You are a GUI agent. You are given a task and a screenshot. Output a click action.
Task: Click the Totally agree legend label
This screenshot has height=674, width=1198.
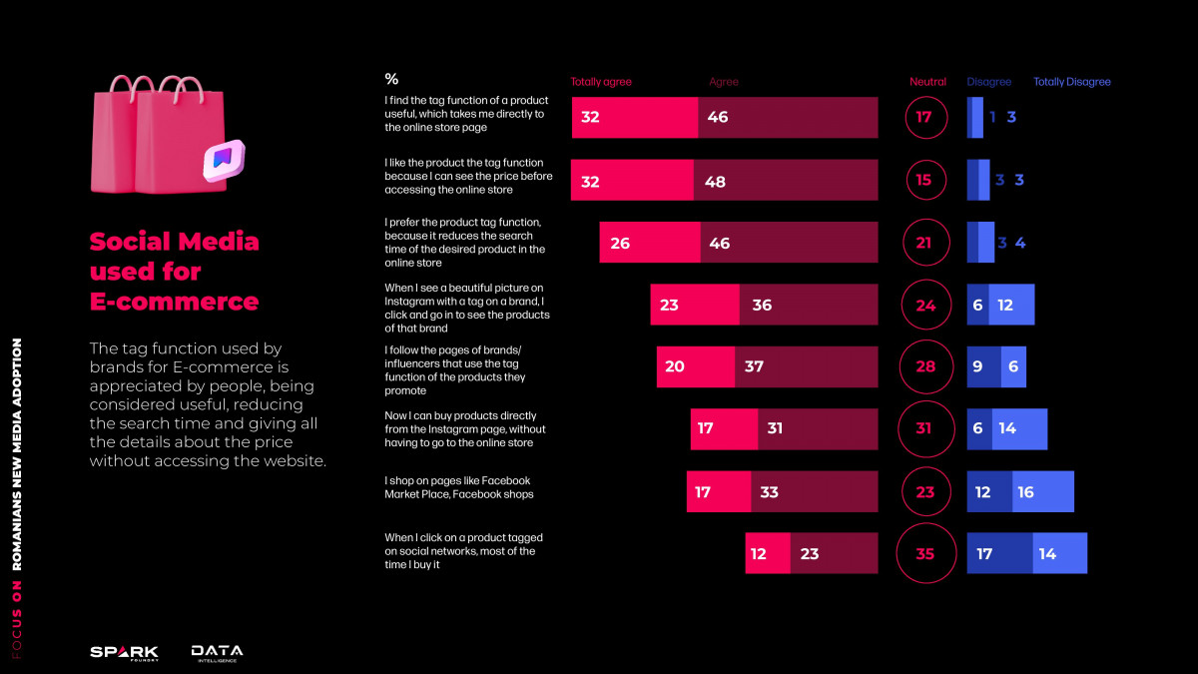601,82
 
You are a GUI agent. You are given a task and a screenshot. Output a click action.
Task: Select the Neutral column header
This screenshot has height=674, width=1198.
927,82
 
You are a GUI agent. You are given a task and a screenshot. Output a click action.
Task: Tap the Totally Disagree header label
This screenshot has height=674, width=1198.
1071,82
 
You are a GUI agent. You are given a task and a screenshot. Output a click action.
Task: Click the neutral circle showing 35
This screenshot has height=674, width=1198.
925,553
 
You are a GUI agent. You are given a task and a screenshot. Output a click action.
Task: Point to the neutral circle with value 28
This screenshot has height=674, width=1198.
925,366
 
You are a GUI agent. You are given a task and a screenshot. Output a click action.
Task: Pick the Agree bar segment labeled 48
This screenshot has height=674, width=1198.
786,180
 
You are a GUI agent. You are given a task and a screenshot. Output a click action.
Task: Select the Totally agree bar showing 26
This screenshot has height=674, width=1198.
649,243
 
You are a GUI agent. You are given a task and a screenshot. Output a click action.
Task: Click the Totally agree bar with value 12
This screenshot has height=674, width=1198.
768,553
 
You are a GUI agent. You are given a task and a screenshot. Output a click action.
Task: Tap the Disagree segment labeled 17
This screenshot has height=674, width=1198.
999,553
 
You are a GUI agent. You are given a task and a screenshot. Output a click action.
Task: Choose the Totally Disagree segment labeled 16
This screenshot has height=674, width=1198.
1043,491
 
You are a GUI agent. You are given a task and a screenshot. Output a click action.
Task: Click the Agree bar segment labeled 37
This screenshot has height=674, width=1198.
806,366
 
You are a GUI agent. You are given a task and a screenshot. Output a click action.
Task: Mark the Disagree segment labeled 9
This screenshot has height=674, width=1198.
983,366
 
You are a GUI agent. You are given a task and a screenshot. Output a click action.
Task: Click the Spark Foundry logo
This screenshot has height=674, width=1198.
124,652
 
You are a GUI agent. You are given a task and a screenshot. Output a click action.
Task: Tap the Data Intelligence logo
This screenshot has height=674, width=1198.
217,652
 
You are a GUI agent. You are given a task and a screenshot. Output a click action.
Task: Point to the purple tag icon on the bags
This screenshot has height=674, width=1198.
223,159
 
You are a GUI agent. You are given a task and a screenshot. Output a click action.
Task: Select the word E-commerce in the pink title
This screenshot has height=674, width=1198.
174,302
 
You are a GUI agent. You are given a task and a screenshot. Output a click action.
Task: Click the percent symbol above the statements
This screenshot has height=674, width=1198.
391,80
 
